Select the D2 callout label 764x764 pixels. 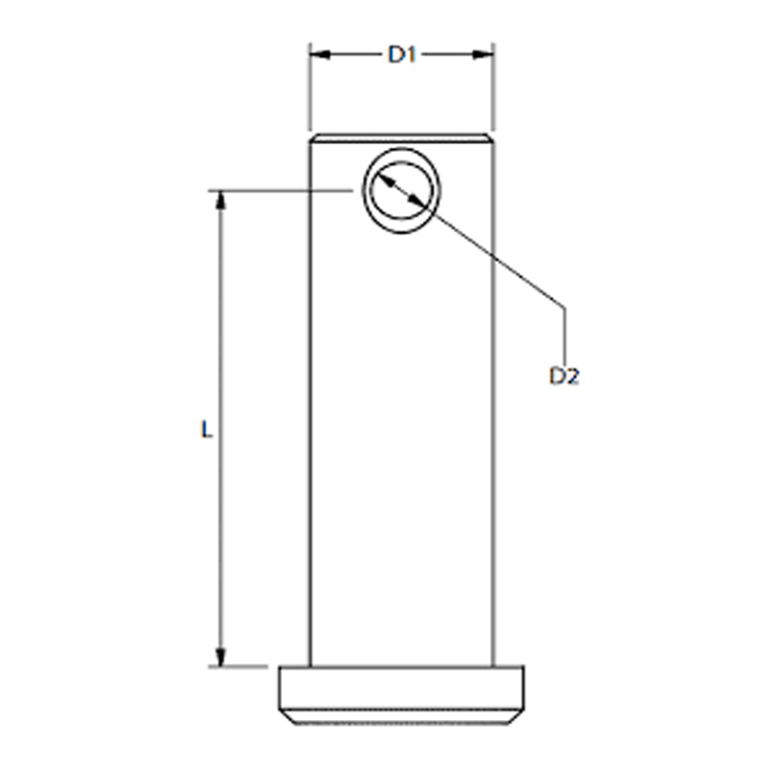564,376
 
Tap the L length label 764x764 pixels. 205,430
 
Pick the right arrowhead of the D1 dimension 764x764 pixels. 484,54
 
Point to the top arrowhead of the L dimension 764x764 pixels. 221,200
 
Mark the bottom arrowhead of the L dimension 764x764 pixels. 221,656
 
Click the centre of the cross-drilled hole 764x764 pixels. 401,191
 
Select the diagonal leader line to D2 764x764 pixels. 497,258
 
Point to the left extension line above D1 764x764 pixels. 309,86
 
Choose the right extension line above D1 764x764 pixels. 494,86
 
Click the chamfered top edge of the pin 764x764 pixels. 401,138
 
